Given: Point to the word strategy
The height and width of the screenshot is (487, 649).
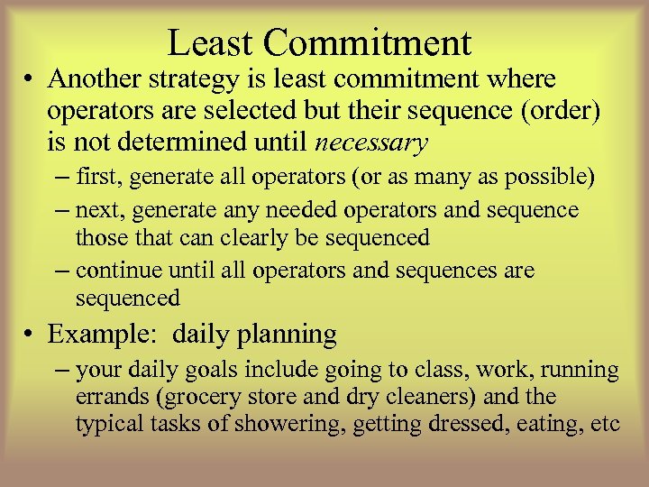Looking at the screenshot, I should click(204, 79).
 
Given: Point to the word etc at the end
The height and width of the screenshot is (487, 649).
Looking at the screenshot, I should click(606, 425).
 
